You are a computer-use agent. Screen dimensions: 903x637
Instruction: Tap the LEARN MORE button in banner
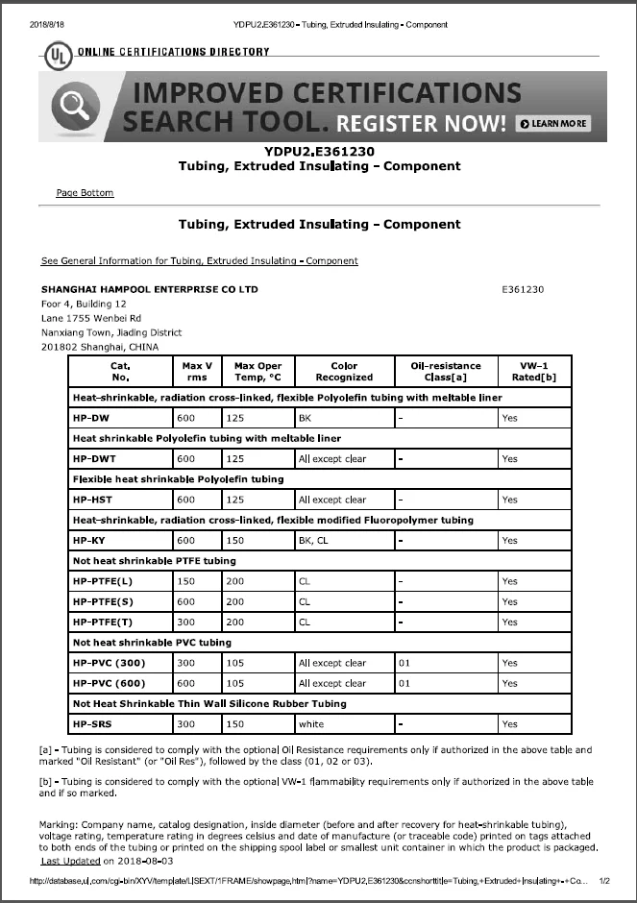[553, 123]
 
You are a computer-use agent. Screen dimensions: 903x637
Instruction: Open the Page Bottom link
[85, 193]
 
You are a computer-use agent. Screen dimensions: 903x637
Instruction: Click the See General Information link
[199, 260]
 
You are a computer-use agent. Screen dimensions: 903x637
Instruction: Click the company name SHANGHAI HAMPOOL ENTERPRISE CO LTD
[149, 289]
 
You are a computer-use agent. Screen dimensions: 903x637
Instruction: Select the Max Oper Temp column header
[257, 372]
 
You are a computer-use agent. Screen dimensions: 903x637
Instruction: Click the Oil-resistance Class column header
[445, 372]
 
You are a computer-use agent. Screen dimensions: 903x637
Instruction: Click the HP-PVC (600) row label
[109, 683]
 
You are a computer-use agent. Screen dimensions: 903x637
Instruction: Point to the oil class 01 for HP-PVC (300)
[405, 663]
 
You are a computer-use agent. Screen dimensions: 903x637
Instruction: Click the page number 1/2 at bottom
[603, 881]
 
